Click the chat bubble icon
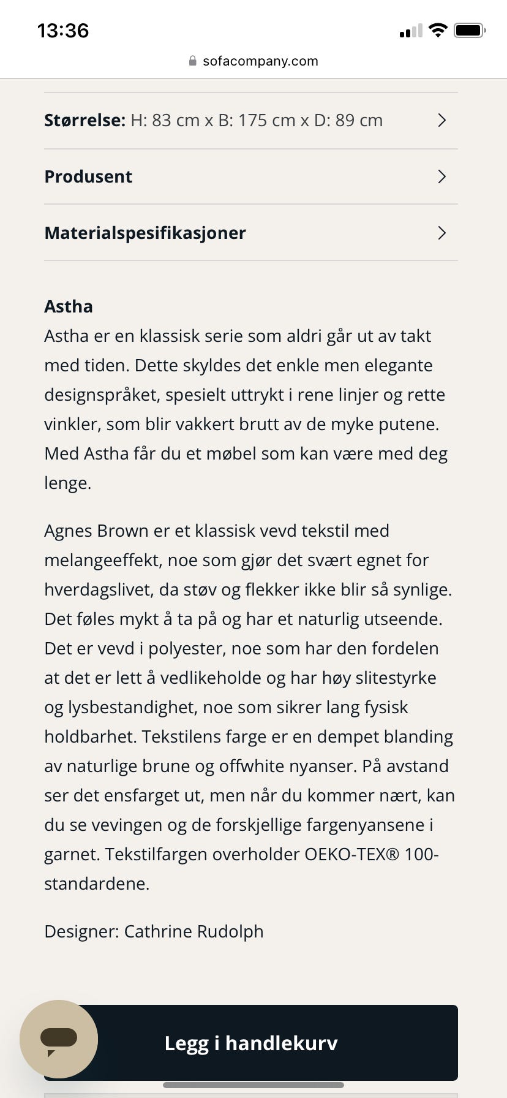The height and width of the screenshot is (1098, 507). pyautogui.click(x=59, y=1039)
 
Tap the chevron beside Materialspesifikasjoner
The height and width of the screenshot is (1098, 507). pyautogui.click(x=441, y=233)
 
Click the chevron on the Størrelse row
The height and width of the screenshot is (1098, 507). pyautogui.click(x=441, y=120)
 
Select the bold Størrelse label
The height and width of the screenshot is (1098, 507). pyautogui.click(x=85, y=120)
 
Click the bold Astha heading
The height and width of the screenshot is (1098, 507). pyautogui.click(x=69, y=306)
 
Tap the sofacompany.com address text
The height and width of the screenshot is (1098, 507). pyautogui.click(x=260, y=61)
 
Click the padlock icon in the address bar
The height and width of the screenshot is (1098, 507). pyautogui.click(x=192, y=61)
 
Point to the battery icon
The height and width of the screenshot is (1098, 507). pyautogui.click(x=469, y=30)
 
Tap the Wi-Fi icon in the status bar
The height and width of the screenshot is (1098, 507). pyautogui.click(x=438, y=30)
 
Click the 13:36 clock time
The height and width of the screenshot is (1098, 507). pyautogui.click(x=63, y=30)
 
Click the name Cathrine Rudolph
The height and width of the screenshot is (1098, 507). pyautogui.click(x=193, y=931)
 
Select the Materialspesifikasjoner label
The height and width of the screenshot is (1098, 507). pyautogui.click(x=145, y=233)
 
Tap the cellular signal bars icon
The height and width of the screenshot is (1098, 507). pyautogui.click(x=411, y=31)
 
